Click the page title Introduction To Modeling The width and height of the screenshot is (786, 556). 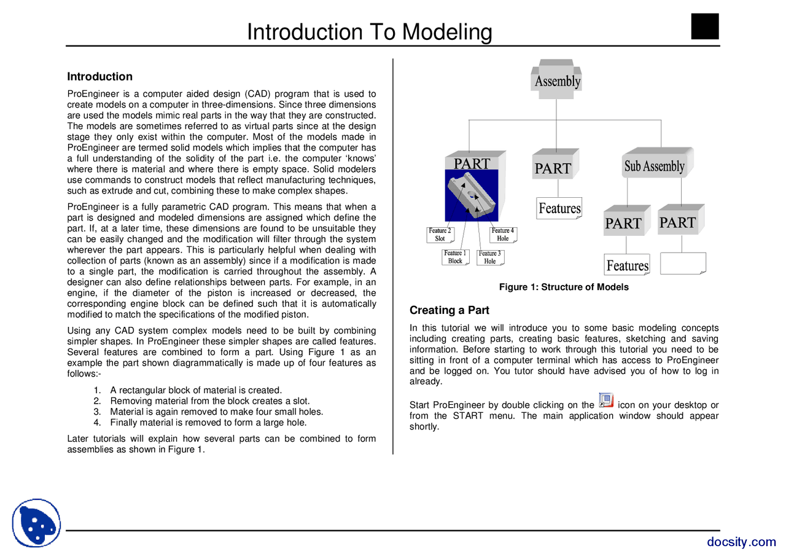[x=369, y=32]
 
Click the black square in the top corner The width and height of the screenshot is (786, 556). [x=704, y=26]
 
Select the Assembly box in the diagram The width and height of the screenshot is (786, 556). [x=557, y=80]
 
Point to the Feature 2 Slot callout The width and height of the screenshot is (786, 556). [x=440, y=235]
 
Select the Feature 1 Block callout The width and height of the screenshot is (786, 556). [x=456, y=257]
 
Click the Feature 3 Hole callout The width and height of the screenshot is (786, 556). [x=490, y=257]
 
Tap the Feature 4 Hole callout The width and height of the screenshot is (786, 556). [x=503, y=235]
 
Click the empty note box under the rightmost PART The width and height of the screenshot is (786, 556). [x=683, y=263]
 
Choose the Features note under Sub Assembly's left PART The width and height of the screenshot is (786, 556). [x=627, y=265]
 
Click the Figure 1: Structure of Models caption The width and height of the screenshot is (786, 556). [x=564, y=287]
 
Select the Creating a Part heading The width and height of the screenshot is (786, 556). [x=449, y=310]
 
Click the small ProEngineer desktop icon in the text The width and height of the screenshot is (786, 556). [x=605, y=401]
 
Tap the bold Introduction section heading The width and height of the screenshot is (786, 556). [x=99, y=77]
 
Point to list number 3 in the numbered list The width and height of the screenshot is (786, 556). [x=97, y=412]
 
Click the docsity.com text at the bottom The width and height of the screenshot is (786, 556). [x=741, y=541]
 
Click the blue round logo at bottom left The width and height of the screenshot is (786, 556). [x=36, y=523]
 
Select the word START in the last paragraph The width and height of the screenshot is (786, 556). [x=468, y=416]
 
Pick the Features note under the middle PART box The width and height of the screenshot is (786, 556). [x=559, y=208]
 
